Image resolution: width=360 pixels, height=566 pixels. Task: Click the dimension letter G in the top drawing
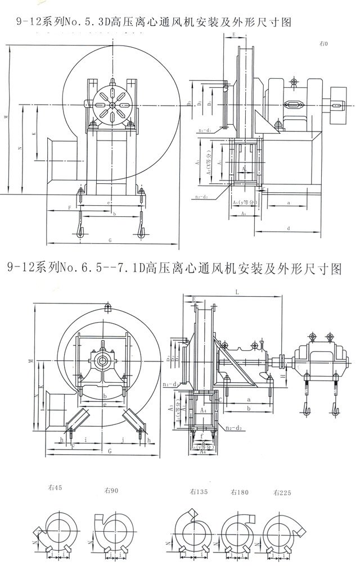[x=110, y=241]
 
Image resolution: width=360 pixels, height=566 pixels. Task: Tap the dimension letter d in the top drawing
[x=288, y=228]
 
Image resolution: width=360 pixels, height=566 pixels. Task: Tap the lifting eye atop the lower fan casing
[x=107, y=306]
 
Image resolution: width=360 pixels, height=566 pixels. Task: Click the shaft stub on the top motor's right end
[x=340, y=103]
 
